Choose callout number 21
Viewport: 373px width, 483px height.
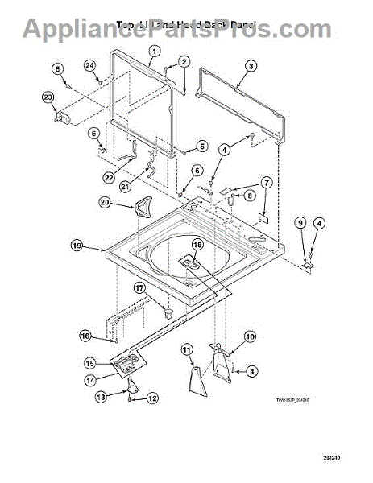pyautogui.click(x=125, y=186)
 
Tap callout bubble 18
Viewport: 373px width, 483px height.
pyautogui.click(x=197, y=245)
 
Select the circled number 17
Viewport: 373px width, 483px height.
pyautogui.click(x=139, y=287)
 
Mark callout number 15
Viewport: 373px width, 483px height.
pyautogui.click(x=90, y=363)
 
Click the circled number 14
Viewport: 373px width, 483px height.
pyautogui.click(x=90, y=379)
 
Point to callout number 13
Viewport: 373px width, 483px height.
pyautogui.click(x=102, y=397)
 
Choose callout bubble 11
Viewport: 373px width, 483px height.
pyautogui.click(x=186, y=349)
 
